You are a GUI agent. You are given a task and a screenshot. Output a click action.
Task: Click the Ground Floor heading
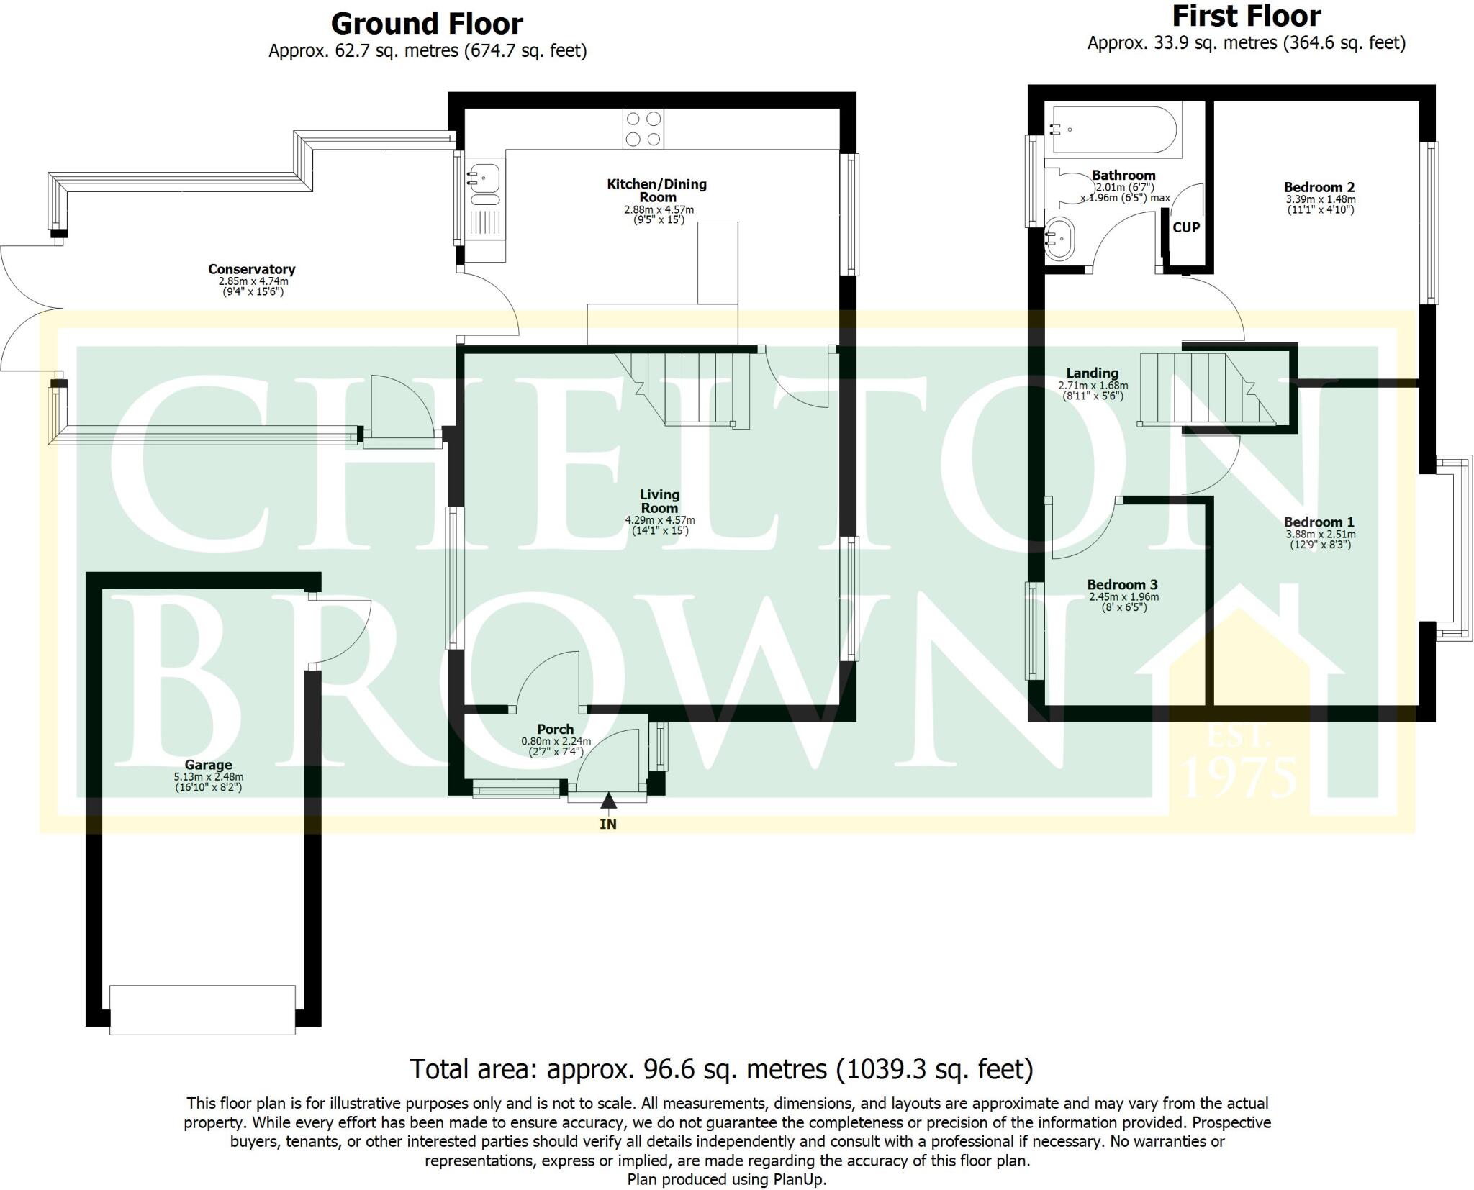coord(426,24)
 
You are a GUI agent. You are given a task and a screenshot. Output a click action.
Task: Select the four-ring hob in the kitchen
coord(643,129)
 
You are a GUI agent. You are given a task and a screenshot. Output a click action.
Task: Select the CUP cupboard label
coord(1186,227)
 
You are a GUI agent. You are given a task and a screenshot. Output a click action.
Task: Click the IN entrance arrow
coord(608,803)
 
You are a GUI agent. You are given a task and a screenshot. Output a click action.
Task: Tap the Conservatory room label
coord(251,269)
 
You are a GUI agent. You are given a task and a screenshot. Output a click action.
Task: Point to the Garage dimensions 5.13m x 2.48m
coord(208,777)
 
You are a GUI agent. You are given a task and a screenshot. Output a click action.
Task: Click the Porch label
coord(555,729)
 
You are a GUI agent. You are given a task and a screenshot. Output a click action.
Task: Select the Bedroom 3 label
coord(1123,585)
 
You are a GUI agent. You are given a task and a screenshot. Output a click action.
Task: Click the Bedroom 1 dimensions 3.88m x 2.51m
coord(1319,535)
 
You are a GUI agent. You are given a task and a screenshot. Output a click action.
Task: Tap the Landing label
coord(1092,373)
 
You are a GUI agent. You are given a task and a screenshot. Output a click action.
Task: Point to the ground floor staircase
coord(691,389)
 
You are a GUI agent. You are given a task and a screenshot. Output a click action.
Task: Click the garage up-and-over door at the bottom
coord(202,1009)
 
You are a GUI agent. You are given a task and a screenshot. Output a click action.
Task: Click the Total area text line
coord(721,1069)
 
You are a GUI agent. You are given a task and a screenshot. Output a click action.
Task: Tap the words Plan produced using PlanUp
coord(726,1179)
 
